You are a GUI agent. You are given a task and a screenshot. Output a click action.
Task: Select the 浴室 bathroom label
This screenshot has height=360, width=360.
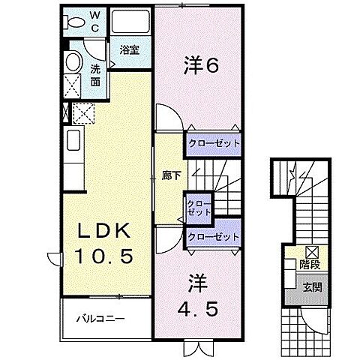pyautogui.click(x=129, y=50)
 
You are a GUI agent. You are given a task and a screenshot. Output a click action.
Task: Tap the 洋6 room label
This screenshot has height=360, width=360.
pyautogui.click(x=201, y=67)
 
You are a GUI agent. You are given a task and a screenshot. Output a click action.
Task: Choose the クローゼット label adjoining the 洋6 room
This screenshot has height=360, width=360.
pyautogui.click(x=214, y=143)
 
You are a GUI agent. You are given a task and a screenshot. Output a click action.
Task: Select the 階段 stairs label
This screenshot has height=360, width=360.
pyautogui.click(x=308, y=264)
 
